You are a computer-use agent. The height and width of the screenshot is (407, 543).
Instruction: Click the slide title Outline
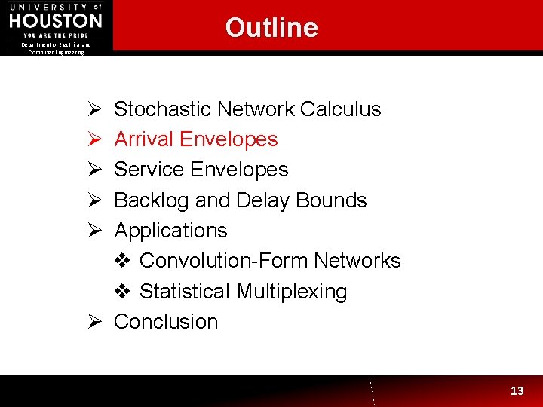pos(271,28)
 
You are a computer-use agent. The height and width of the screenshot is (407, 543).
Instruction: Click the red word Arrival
pos(145,139)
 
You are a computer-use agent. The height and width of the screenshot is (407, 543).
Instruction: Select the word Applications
pos(170,231)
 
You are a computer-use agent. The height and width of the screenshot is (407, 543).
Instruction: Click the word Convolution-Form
pos(223,261)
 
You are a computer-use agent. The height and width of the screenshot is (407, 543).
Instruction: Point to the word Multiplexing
pos(292,292)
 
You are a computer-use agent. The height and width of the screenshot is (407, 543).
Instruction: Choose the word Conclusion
pos(166,322)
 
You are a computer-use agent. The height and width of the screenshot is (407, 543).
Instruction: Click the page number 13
pos(517,390)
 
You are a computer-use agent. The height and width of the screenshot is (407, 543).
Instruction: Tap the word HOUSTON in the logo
pos(56,20)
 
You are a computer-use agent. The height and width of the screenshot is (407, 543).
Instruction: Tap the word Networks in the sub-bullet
pos(357,261)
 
